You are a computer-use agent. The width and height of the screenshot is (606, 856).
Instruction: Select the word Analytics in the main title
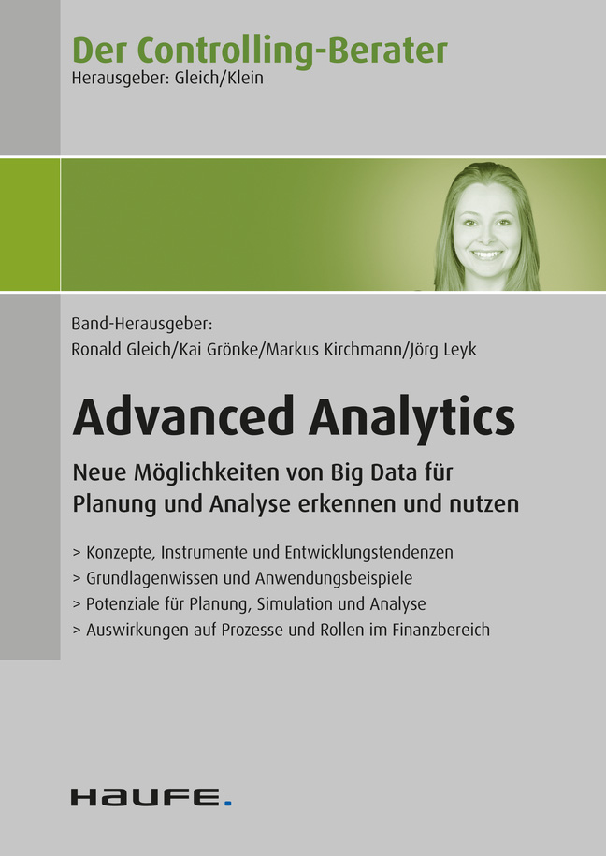coord(411,420)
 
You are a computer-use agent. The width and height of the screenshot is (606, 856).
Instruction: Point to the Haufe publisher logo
coord(151,797)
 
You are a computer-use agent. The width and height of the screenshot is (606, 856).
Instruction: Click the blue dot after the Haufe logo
coord(228,803)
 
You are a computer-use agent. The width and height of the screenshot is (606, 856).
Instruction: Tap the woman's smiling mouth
coord(486,254)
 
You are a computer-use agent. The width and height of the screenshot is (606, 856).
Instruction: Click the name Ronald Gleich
coord(121,349)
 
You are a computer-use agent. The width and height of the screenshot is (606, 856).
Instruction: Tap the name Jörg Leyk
coord(442,350)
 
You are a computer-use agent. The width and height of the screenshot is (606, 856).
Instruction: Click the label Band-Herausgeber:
coord(141,325)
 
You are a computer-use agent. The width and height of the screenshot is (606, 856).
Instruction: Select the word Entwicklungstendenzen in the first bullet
coord(369,553)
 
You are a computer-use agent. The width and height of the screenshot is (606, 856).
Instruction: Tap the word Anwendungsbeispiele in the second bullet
coord(334,578)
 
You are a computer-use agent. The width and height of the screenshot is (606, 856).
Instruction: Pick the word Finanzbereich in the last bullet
coord(441,630)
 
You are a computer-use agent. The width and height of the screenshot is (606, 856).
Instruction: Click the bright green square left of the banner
coord(30,225)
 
